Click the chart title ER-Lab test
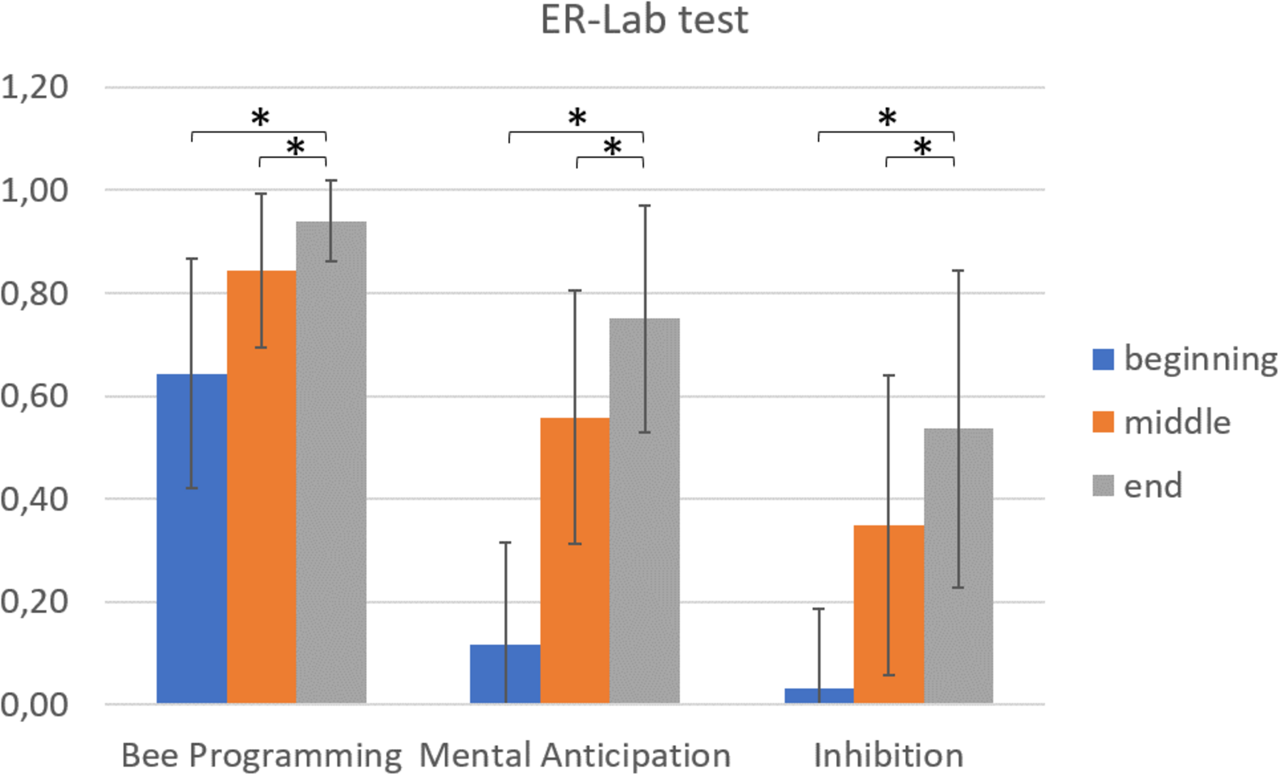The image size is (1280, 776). click(644, 21)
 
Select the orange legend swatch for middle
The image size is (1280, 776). click(1103, 422)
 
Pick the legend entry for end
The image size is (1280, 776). click(1152, 486)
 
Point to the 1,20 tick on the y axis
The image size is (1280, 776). click(35, 87)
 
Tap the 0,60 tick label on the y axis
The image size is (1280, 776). click(35, 396)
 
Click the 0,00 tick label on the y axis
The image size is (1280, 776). click(35, 704)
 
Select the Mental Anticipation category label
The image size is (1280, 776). click(575, 755)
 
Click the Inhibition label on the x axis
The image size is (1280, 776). click(889, 755)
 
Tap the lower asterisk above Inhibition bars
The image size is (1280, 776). click(922, 146)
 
